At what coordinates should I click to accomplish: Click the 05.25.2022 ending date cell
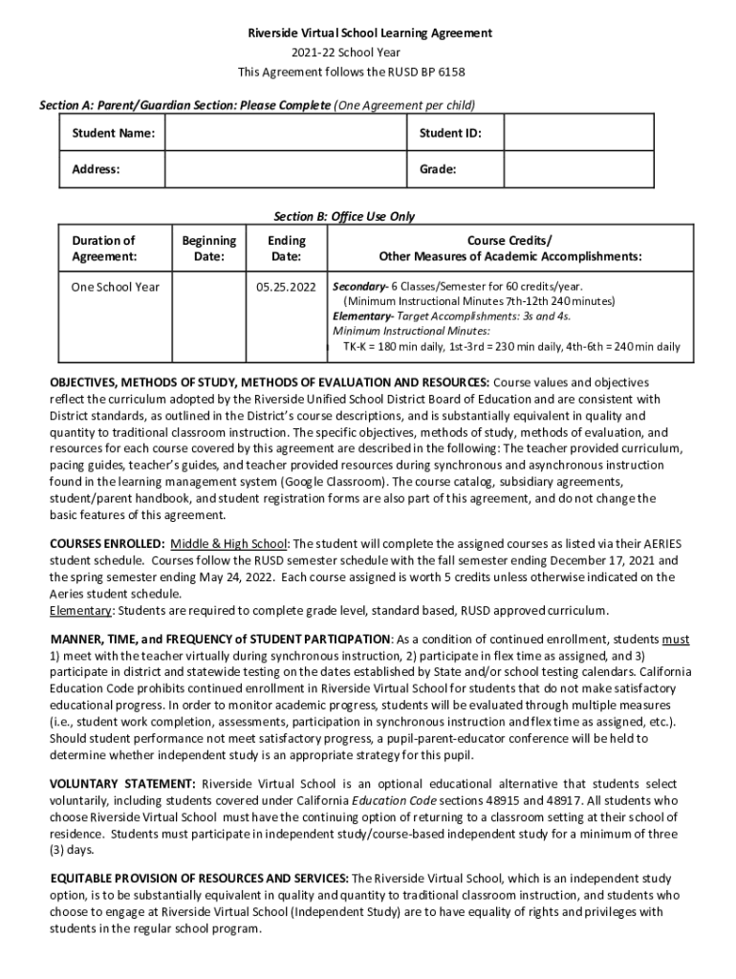tap(287, 286)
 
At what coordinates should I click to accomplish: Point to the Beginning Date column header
tap(208, 249)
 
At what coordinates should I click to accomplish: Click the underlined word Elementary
tap(80, 610)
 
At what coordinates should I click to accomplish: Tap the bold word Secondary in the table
tap(358, 286)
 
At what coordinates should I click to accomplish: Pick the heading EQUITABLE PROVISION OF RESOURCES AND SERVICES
tap(199, 878)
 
